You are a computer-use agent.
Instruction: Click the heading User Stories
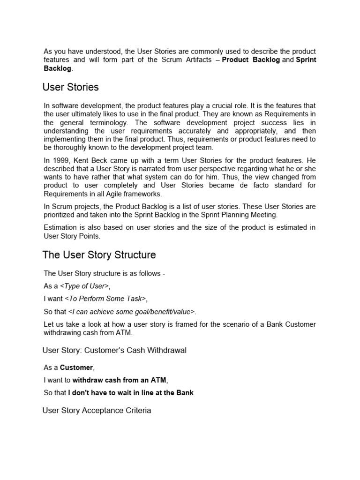coord(70,87)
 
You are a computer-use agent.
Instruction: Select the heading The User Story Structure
coord(99,255)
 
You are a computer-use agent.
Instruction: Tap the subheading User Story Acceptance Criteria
coord(97,411)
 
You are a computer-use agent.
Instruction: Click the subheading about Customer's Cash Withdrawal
coord(114,351)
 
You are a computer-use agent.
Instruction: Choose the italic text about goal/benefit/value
coord(132,311)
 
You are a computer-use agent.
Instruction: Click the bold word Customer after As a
coord(76,367)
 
